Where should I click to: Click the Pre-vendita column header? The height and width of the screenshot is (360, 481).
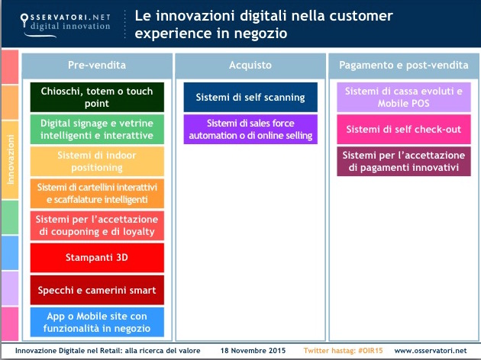(x=97, y=65)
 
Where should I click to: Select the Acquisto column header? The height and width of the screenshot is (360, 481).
(x=250, y=65)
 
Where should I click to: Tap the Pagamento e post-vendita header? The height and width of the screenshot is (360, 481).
(x=404, y=65)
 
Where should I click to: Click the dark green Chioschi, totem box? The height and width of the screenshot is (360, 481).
(x=97, y=97)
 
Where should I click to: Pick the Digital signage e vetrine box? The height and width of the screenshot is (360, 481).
(x=97, y=129)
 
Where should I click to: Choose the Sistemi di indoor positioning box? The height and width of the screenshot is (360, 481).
(x=97, y=161)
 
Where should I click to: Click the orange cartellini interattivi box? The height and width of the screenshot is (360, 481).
(x=97, y=193)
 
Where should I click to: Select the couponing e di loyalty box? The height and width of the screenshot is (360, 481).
(x=97, y=226)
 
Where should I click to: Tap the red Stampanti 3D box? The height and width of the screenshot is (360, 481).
(x=97, y=258)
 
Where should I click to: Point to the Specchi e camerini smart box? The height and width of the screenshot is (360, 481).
(x=97, y=290)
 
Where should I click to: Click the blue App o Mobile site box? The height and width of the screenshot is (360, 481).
(x=97, y=323)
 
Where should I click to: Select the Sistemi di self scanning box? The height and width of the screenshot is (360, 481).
(x=250, y=97)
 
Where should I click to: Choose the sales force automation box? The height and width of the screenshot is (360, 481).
(x=250, y=129)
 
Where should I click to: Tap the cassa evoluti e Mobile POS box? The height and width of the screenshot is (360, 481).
(x=404, y=97)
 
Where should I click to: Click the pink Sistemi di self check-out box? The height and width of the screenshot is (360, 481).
(x=404, y=129)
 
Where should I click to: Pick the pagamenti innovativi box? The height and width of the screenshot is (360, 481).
(x=404, y=161)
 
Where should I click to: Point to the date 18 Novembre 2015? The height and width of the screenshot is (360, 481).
(x=253, y=350)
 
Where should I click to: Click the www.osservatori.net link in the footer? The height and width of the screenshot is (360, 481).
(x=431, y=350)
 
